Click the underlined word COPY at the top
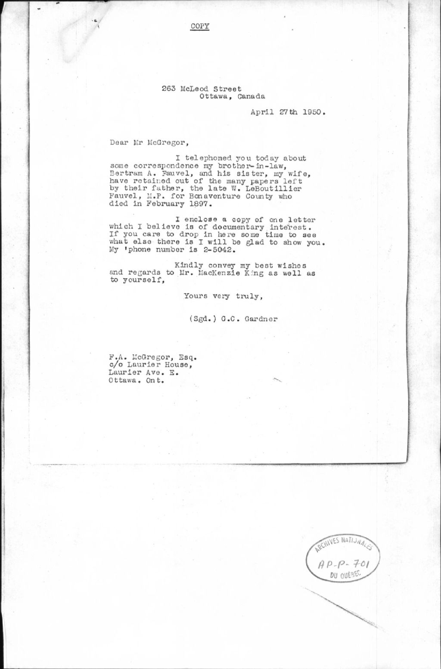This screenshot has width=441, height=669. pyautogui.click(x=200, y=26)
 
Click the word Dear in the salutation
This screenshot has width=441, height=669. pyautogui.click(x=118, y=142)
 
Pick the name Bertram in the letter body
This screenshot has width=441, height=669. pyautogui.click(x=123, y=173)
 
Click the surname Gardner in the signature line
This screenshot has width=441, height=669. pyautogui.click(x=261, y=319)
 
